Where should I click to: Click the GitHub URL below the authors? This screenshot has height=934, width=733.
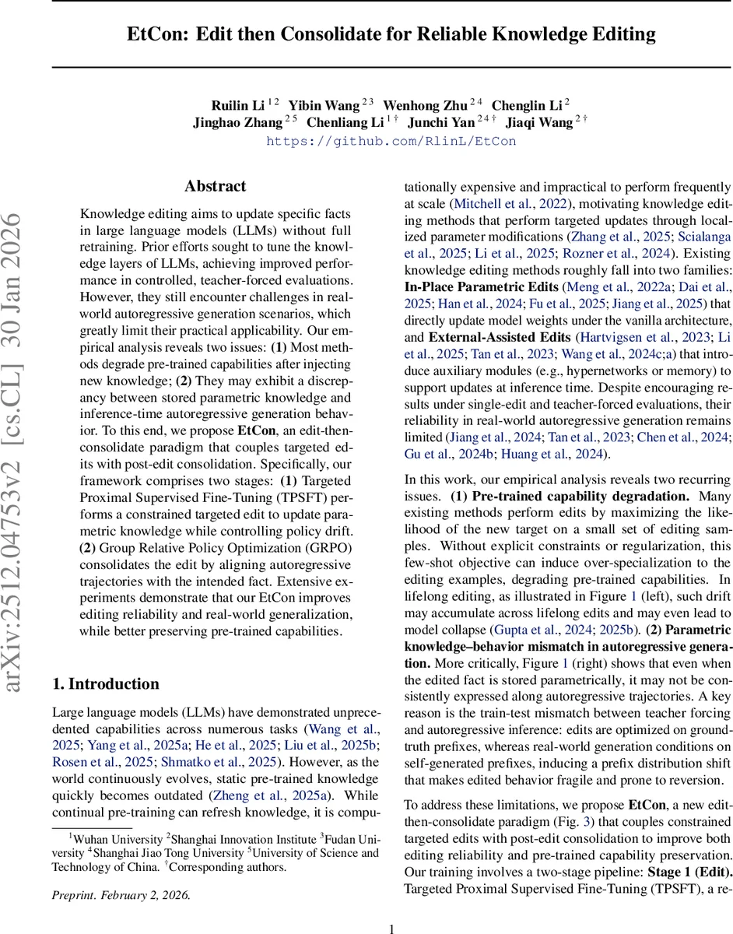[391, 141]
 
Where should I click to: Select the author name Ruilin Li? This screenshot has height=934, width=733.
[238, 105]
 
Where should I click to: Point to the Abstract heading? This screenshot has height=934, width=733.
[215, 187]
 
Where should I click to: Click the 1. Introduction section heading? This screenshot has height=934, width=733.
[106, 684]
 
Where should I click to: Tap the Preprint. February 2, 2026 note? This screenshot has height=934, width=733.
[121, 895]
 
